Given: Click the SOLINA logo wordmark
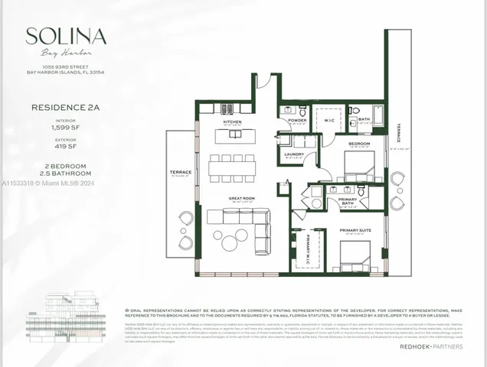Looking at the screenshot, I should point(66,35).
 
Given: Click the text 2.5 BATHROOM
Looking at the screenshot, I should point(67,174).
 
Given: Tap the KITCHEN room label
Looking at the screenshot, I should point(232,122).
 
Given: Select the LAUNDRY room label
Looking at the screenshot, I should point(294,154).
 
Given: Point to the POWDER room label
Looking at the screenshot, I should point(298,120).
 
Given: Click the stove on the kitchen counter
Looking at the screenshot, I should point(227,109).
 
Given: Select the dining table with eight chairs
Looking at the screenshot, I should point(232,167).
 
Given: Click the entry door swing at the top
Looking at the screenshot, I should point(263,80).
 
